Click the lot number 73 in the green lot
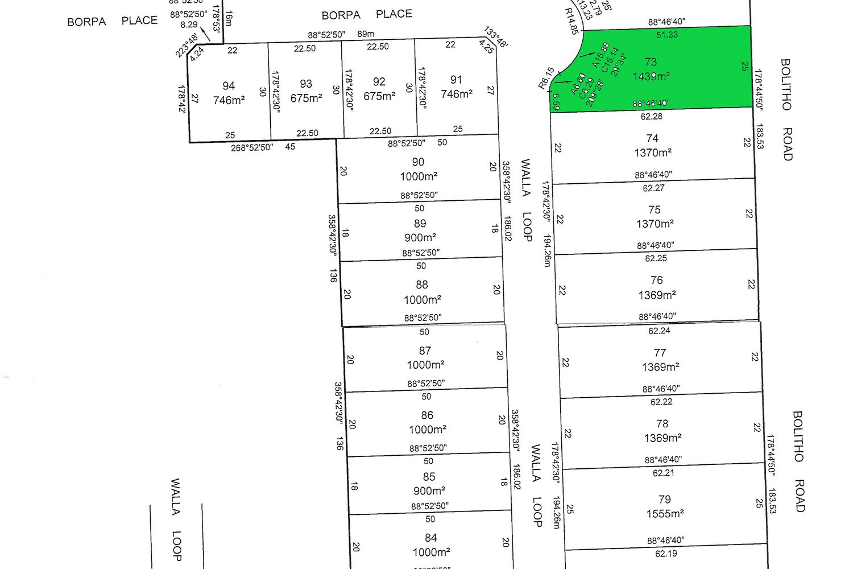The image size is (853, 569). (x=651, y=61)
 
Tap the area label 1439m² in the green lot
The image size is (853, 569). (x=652, y=76)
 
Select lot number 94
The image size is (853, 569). (x=229, y=86)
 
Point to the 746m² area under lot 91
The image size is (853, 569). (x=457, y=94)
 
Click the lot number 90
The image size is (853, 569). (x=418, y=162)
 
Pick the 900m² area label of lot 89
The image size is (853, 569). (x=420, y=238)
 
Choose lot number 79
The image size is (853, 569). (x=664, y=500)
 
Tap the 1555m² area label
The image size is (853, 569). (x=665, y=514)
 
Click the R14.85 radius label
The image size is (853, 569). (x=572, y=21)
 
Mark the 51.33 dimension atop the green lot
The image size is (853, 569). (x=667, y=35)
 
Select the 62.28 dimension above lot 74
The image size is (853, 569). (x=651, y=117)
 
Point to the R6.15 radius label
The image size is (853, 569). (x=546, y=78)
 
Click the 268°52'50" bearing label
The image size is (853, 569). (x=252, y=147)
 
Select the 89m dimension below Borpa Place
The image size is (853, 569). (x=366, y=34)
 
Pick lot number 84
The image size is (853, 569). (x=430, y=538)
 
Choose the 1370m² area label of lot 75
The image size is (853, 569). (x=655, y=224)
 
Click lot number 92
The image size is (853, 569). (x=379, y=82)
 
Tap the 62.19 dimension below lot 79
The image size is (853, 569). (x=666, y=554)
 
